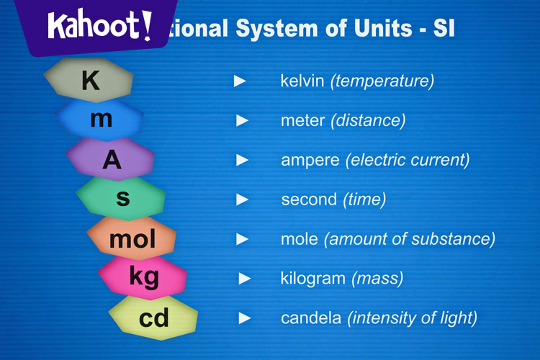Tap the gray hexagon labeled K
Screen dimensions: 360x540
pyautogui.click(x=89, y=81)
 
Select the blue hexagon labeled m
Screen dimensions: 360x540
pyautogui.click(x=101, y=120)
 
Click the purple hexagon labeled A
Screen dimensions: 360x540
pyautogui.click(x=112, y=160)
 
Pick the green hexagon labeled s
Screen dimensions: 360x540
pyautogui.click(x=122, y=198)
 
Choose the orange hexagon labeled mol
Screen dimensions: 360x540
pyautogui.click(x=132, y=239)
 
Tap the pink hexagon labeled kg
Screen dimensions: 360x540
pyautogui.click(x=143, y=277)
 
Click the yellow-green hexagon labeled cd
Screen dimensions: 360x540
pyautogui.click(x=153, y=318)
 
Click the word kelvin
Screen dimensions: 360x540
pyautogui.click(x=302, y=81)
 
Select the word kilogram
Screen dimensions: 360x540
pyautogui.click(x=313, y=278)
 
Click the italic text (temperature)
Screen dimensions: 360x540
pyautogui.click(x=382, y=81)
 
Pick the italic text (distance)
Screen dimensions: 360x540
pyautogui.click(x=368, y=120)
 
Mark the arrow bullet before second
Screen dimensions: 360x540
pyautogui.click(x=243, y=199)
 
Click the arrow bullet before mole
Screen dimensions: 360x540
pyautogui.click(x=243, y=238)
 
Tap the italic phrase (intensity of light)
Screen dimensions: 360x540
pyautogui.click(x=412, y=318)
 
